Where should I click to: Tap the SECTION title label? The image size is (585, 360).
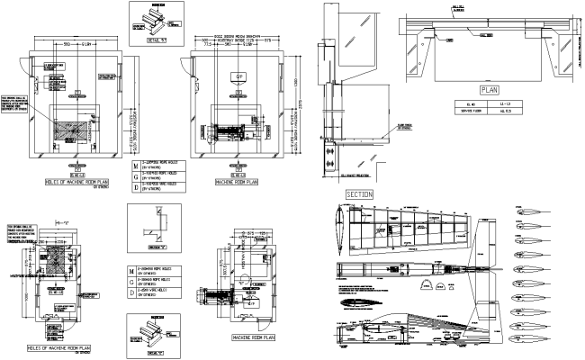(x=359, y=193)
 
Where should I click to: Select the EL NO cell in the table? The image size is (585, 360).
(x=464, y=104)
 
